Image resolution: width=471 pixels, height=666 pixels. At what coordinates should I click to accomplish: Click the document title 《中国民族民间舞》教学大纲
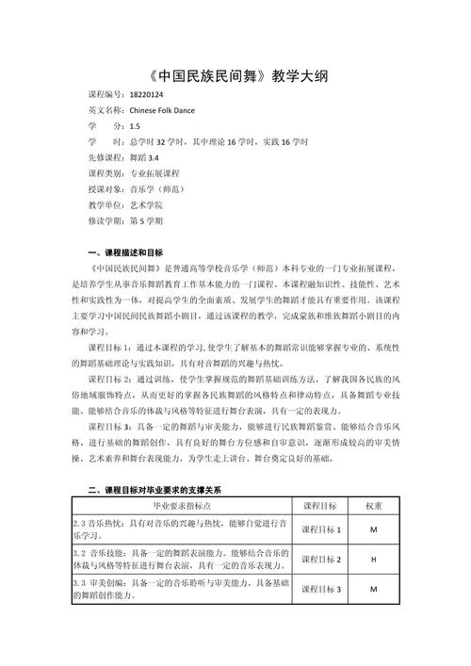pos(235,75)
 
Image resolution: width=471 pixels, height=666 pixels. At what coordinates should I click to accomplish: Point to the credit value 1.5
pos(136,125)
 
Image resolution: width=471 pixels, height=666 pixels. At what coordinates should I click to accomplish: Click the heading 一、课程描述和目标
pos(125,252)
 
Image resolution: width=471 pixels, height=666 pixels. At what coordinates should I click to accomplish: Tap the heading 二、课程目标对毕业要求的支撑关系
pos(154,490)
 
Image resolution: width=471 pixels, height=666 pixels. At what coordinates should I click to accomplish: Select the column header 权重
pos(374,506)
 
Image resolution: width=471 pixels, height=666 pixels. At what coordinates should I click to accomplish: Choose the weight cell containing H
pos(374,560)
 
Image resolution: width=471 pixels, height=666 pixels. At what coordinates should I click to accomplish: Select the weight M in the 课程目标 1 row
pos(374,530)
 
